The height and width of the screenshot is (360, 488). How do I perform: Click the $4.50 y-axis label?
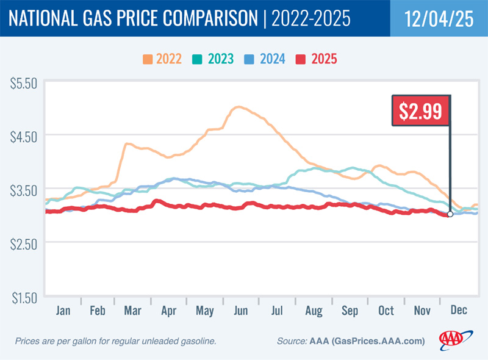(25, 135)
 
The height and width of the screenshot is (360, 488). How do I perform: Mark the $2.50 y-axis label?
(25, 243)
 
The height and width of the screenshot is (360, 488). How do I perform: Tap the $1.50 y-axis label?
(25, 297)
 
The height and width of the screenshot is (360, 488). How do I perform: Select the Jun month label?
(240, 311)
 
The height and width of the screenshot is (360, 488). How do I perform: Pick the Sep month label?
(350, 311)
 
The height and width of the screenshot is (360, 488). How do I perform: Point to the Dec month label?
(458, 311)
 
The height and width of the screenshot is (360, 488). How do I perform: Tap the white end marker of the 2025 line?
(450, 214)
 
